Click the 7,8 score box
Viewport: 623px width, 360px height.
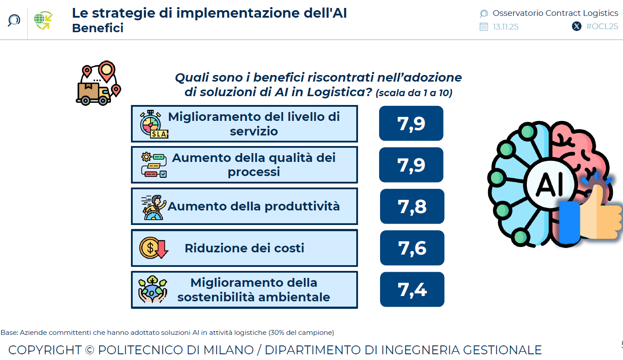(412, 206)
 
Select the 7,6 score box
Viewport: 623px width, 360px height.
(412, 248)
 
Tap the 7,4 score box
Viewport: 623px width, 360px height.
(412, 289)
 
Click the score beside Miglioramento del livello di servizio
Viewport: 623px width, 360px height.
(411, 124)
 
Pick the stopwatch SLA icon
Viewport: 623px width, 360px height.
(153, 124)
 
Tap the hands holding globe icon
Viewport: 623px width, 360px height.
(153, 289)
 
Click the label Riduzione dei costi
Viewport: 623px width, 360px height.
(244, 248)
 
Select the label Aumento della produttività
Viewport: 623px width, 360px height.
(254, 206)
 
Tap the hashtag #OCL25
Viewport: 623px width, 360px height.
(602, 26)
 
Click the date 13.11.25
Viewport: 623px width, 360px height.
(505, 27)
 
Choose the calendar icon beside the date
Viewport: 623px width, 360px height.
(484, 26)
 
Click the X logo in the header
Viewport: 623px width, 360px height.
(576, 26)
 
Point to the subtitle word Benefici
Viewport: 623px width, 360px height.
(97, 28)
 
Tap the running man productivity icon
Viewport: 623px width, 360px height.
(153, 207)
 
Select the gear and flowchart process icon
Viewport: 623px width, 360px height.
(153, 165)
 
